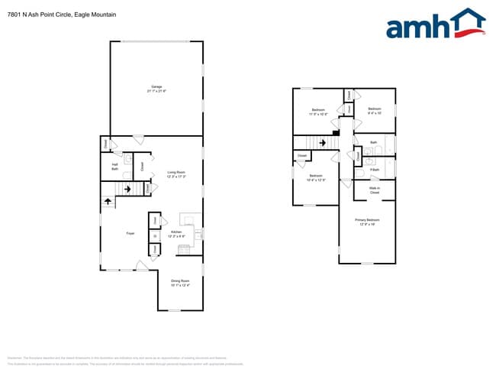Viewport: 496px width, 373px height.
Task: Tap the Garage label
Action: [156, 88]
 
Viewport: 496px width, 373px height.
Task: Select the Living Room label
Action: [177, 174]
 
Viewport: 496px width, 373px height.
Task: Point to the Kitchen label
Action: [176, 233]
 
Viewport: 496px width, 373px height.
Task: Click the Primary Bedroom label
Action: [367, 222]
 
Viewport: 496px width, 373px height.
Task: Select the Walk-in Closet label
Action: [375, 190]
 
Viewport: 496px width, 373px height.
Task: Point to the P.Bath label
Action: [374, 170]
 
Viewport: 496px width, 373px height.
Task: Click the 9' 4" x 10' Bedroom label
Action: [374, 111]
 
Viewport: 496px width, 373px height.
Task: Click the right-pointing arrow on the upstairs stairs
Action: [323, 142]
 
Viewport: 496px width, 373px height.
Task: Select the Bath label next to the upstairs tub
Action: [373, 143]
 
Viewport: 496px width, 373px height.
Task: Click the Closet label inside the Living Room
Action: [143, 165]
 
